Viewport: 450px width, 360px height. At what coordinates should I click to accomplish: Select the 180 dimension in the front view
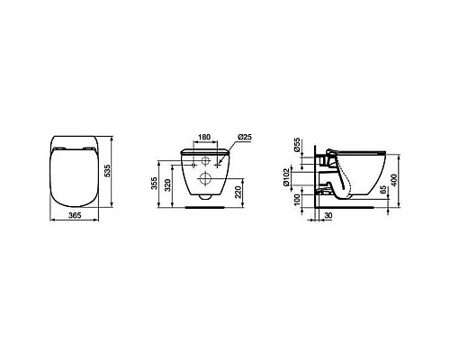[205, 139]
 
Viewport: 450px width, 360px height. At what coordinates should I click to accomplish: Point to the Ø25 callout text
[243, 136]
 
